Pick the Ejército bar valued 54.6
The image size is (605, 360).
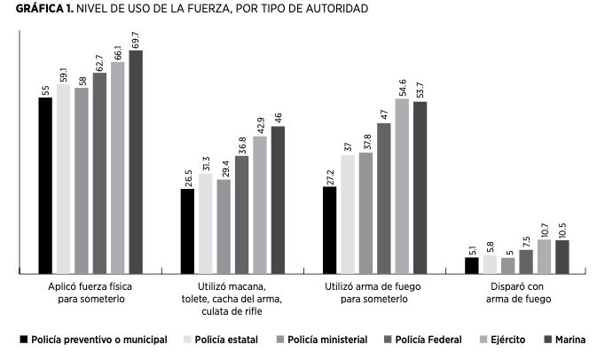(402, 185)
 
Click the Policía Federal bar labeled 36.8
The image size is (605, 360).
(242, 214)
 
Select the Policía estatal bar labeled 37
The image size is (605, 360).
(348, 214)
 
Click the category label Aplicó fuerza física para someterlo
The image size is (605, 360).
(87, 293)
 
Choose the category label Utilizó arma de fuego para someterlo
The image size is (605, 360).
(372, 293)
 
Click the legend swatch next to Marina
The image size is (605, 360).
(547, 339)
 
